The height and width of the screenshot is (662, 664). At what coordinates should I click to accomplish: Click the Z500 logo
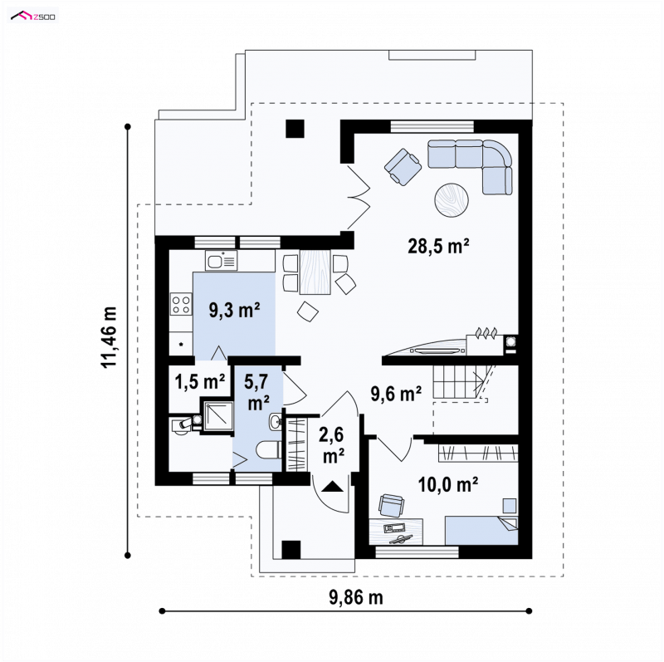[x=33, y=17]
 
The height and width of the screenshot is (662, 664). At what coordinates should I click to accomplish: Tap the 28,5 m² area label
[x=438, y=246]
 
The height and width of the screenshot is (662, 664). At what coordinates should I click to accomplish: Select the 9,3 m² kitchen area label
[x=234, y=310]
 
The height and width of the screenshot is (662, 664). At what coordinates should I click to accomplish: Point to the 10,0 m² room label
[x=448, y=484]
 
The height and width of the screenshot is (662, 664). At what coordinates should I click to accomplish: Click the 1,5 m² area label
[x=200, y=382]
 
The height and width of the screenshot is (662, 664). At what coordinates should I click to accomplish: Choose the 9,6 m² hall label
[x=396, y=394]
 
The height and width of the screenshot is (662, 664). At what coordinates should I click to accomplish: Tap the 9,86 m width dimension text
[x=356, y=597]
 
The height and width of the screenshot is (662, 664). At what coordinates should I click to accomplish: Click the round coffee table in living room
[x=452, y=200]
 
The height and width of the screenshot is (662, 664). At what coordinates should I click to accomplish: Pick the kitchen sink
[x=221, y=260]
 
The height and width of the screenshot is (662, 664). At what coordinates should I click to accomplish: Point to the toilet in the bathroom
[x=267, y=449]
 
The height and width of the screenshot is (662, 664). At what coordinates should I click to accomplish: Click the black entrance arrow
[x=333, y=486]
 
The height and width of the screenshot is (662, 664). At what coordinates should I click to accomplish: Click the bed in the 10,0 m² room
[x=481, y=530]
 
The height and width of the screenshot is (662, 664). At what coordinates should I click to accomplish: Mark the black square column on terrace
[x=295, y=129]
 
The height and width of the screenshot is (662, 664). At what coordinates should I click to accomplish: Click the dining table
[x=315, y=272]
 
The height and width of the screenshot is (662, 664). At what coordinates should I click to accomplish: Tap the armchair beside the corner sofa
[x=403, y=167]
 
